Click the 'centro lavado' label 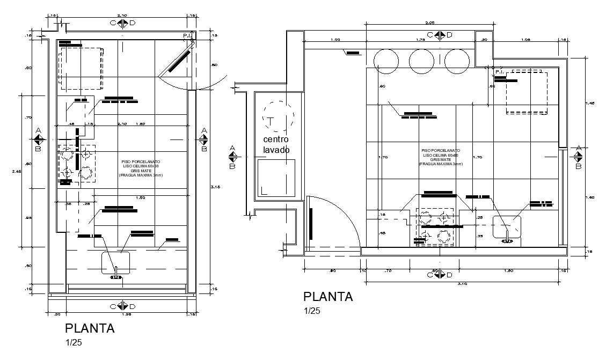(276, 144)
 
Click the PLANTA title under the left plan (90, 328)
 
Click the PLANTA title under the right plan (328, 297)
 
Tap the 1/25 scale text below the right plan (312, 312)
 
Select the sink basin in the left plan (115, 263)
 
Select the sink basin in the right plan (507, 227)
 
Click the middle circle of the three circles (421, 61)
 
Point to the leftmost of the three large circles (386, 61)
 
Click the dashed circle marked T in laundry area (278, 117)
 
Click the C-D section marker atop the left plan (122, 23)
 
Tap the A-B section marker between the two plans (232, 157)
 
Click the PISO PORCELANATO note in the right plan (441, 157)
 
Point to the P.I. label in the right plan (498, 72)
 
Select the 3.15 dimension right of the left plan (214, 186)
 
